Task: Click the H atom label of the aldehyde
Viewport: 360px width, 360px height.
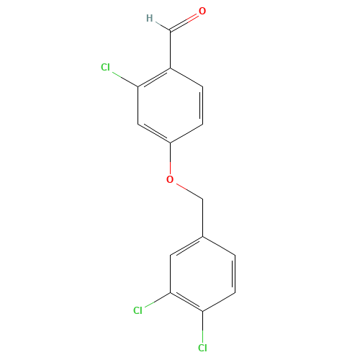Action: click(150, 18)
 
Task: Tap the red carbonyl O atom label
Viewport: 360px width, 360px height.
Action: click(202, 11)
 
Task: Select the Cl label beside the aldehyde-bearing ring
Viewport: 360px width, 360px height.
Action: click(105, 67)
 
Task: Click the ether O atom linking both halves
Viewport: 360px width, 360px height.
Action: click(170, 179)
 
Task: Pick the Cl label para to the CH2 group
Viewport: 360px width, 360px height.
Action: click(202, 348)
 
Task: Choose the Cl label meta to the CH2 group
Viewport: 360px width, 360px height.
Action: click(138, 310)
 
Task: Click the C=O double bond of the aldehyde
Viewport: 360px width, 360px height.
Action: click(184, 22)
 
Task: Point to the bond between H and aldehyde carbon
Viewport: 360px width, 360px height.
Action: click(163, 27)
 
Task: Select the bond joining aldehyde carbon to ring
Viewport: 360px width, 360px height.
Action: click(171, 49)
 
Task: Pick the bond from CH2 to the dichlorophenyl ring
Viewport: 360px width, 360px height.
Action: click(203, 217)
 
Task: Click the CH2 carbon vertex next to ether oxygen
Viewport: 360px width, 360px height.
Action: click(203, 199)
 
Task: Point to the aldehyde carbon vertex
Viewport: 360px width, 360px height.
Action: click(171, 30)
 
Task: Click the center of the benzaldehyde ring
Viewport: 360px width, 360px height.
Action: click(171, 106)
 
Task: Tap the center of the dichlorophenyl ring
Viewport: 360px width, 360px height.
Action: click(203, 274)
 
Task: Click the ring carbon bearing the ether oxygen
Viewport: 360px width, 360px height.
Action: click(171, 143)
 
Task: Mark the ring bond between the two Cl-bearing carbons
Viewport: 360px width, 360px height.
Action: click(186, 302)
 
